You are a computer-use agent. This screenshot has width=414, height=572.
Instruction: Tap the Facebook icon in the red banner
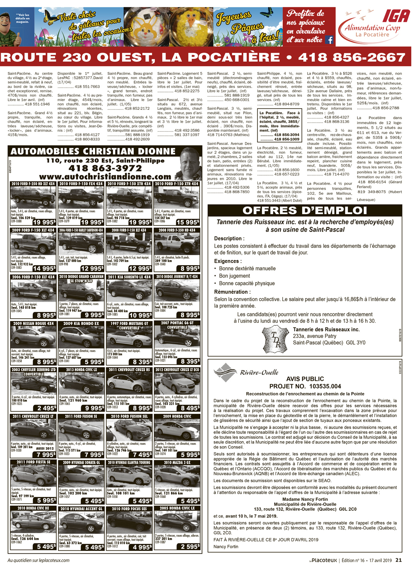click(x=330, y=40)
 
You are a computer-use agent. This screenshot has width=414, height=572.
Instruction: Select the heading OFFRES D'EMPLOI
click(x=305, y=210)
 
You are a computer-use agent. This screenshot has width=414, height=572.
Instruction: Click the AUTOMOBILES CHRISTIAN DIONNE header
click(x=93, y=152)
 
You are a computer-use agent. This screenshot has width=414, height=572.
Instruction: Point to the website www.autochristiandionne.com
click(x=105, y=177)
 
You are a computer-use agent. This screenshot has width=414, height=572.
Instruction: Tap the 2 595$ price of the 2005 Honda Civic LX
click(x=190, y=547)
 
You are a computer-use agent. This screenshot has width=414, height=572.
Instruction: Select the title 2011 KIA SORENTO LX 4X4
click(x=129, y=277)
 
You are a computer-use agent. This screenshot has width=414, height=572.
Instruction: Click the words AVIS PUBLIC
click(x=305, y=379)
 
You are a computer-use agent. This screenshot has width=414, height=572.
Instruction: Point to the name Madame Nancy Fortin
click(x=305, y=499)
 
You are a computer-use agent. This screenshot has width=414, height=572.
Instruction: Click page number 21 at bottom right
click(x=398, y=560)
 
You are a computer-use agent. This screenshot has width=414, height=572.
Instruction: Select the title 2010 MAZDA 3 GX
click(x=177, y=463)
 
